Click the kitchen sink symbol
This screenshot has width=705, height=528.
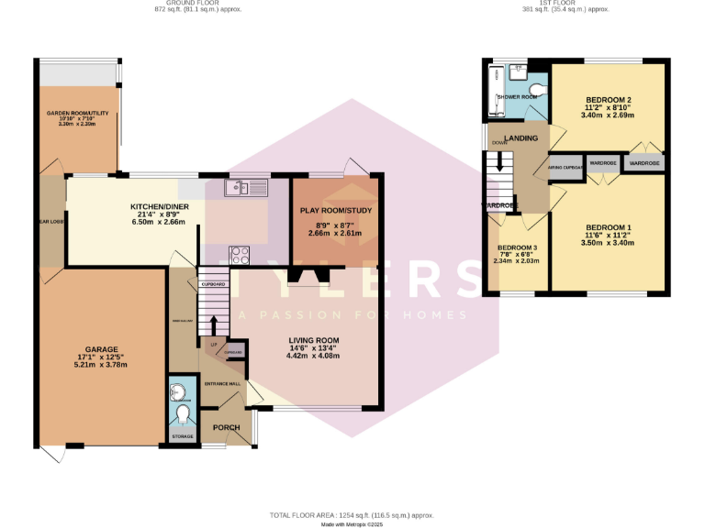pyautogui.click(x=249, y=188)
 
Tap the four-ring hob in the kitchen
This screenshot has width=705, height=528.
pyautogui.click(x=240, y=255)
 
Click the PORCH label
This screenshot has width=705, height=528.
pyautogui.click(x=226, y=427)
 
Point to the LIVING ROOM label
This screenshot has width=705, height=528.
pyautogui.click(x=314, y=339)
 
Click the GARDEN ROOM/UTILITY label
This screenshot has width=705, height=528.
pyautogui.click(x=78, y=115)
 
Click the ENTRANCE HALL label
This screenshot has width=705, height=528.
pyautogui.click(x=221, y=382)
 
